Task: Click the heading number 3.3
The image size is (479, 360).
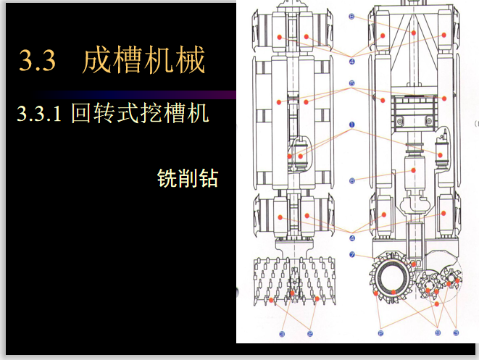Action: click(37, 60)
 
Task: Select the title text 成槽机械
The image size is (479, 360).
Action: click(143, 60)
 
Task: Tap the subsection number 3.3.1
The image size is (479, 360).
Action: click(40, 114)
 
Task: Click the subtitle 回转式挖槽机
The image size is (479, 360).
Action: click(140, 114)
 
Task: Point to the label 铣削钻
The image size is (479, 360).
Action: click(187, 178)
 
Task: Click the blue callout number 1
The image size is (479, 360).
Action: click(351, 125)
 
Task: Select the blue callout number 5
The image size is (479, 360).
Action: click(351, 83)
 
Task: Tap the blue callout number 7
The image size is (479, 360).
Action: click(351, 254)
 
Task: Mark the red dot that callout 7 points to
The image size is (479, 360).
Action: click(414, 264)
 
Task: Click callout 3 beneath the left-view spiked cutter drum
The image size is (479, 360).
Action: click(309, 334)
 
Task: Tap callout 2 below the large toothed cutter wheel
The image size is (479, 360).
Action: click(380, 332)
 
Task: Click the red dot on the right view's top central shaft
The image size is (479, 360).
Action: click(412, 33)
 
